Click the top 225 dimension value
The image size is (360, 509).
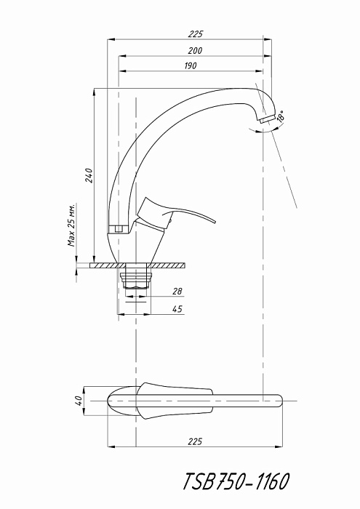196,34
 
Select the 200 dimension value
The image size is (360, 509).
195,51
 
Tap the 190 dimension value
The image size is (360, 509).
191,65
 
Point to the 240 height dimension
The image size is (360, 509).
89,175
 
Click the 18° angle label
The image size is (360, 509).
281,116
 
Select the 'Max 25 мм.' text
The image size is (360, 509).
72,225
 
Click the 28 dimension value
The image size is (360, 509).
177,291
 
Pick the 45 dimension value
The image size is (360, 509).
177,309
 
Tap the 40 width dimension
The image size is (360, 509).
79,401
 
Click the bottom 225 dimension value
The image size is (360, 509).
195,441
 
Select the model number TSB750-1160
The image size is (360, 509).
236,481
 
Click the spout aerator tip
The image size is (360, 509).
267,119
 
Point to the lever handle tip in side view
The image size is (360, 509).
214,222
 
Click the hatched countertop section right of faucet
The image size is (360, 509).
168,265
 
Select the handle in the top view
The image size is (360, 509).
175,401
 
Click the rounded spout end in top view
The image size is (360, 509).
279,401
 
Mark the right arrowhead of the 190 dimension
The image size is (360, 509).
260,71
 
